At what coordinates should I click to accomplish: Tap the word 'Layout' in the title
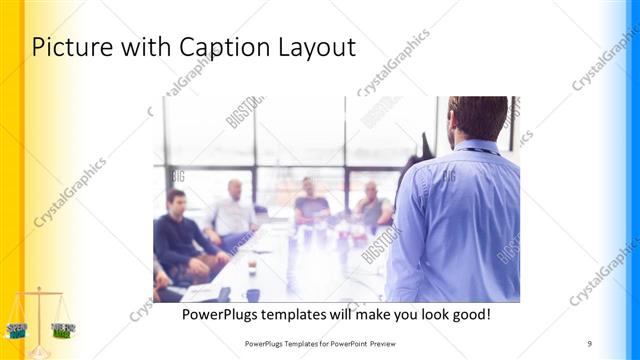point(314,47)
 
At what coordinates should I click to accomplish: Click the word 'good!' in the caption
point(469,314)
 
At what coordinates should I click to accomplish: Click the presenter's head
point(478,117)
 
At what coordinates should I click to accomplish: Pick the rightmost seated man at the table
point(372,206)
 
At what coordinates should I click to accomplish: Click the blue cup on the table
point(253,294)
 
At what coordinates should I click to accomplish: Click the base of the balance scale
point(38,351)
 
